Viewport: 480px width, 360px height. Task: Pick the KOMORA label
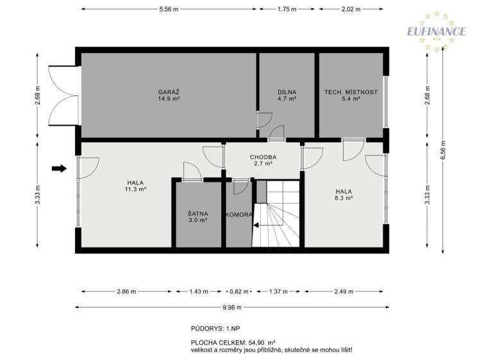coord(239,215)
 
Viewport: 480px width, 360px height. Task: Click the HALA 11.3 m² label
coord(135,186)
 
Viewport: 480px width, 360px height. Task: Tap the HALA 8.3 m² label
coord(343,195)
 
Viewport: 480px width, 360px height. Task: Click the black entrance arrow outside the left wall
coord(59,168)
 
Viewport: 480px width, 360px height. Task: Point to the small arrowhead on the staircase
coord(256,225)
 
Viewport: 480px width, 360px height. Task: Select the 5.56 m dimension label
coord(169,9)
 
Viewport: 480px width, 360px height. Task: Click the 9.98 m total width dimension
coord(232,307)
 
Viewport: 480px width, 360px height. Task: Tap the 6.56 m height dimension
coord(443,150)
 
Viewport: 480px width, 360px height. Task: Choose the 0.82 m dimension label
coord(239,291)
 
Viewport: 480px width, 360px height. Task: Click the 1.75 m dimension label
coord(287,9)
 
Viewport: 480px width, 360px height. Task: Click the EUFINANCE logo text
coord(436,31)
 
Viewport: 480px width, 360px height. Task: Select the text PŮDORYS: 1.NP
coord(215,329)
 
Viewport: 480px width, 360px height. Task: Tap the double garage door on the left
coord(63,95)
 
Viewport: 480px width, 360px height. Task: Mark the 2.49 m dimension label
coord(343,291)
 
